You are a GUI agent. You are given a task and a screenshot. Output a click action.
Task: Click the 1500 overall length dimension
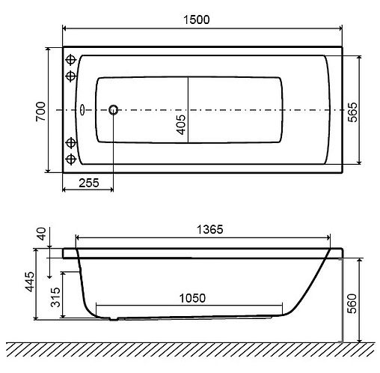[x=201, y=18]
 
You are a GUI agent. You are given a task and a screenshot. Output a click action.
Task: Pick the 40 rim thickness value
[x=40, y=234]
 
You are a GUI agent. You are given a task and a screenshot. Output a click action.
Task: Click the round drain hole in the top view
[x=114, y=109]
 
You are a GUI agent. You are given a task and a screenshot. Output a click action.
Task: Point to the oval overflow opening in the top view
[x=84, y=109]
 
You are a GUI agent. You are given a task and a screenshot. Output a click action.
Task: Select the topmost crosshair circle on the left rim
[x=72, y=60]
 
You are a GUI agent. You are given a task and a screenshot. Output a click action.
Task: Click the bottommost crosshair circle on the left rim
[x=72, y=159]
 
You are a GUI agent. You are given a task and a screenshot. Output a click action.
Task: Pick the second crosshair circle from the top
[x=72, y=76]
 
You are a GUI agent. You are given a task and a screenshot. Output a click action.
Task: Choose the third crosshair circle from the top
[x=72, y=142]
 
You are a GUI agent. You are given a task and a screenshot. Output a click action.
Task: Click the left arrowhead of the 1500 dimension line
[x=64, y=28]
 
